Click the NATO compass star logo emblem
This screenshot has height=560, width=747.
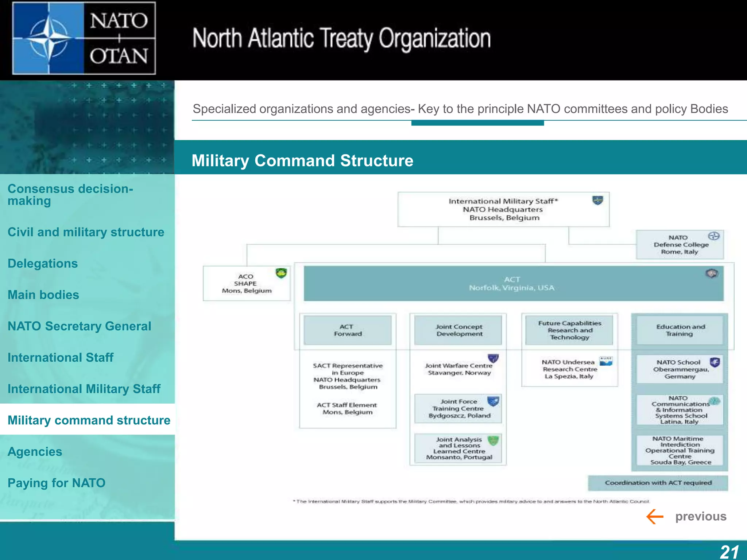coord(48,38)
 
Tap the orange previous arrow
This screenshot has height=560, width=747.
coord(655,516)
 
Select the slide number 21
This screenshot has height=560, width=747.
coord(729,552)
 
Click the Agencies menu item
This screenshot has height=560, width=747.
coord(35,451)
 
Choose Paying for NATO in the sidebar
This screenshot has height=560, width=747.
coord(57,483)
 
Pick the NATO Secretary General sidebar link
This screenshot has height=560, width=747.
coord(79,326)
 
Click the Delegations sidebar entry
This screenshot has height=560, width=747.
coord(43,263)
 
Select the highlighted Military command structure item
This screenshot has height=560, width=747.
coord(89,420)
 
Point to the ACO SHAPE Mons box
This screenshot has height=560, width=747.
coord(247,284)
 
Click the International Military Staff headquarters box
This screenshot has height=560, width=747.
coord(503,209)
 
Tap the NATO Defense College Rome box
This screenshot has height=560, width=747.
coord(680,245)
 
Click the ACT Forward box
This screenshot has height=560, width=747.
coord(348,330)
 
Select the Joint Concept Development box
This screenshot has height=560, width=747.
coord(458,330)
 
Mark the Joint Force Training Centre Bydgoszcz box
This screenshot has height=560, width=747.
coord(458,409)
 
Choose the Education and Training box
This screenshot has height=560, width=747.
coord(680,330)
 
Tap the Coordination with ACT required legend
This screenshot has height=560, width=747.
coord(658,483)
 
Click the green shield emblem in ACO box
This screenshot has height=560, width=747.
coord(281,273)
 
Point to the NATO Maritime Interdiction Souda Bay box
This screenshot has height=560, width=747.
coord(680,450)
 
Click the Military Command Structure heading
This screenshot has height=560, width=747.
coord(302,160)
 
